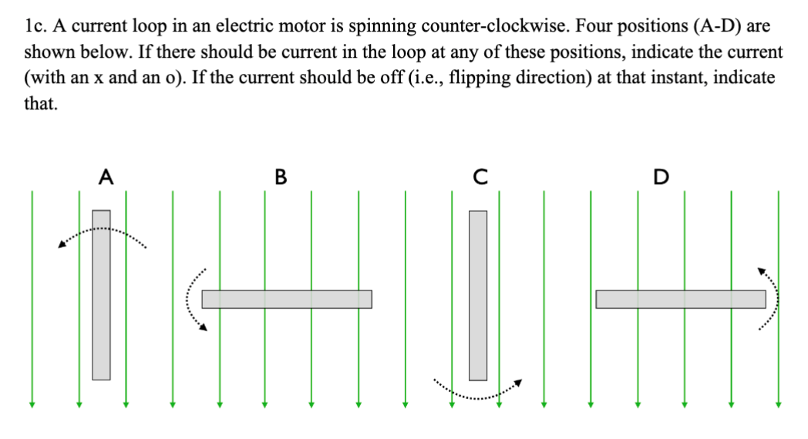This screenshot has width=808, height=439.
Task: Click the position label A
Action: tap(107, 177)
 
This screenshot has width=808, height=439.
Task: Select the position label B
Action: tap(280, 177)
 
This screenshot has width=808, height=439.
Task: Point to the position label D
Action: tap(660, 177)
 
